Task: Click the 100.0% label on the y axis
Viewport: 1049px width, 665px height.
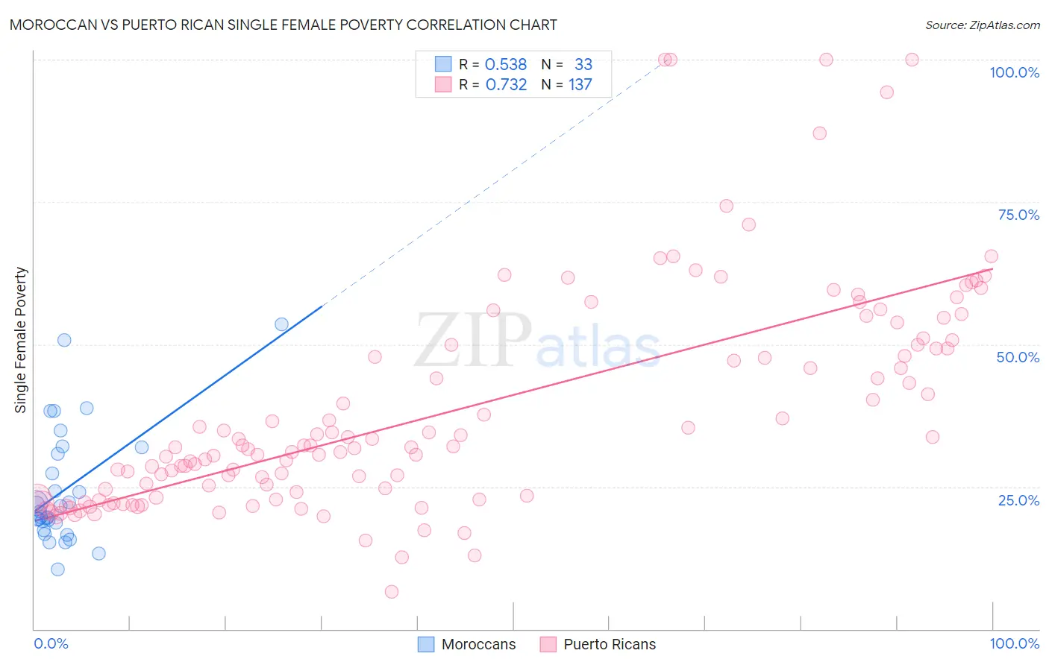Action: point(1014,72)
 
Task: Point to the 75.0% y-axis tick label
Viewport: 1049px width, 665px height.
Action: point(1018,215)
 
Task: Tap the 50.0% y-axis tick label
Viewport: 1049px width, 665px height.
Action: point(1018,357)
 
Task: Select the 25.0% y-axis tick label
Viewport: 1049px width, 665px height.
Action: point(1018,500)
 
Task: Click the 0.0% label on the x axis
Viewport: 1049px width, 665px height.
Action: point(51,643)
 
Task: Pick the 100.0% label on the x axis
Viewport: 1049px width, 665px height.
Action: point(1014,643)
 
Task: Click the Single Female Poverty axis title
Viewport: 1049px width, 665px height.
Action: point(21,340)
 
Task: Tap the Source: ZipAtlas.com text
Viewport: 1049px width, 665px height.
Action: point(982,25)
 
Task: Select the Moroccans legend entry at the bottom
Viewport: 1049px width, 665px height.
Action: point(477,644)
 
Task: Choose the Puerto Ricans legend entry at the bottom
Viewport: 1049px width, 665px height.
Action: point(609,644)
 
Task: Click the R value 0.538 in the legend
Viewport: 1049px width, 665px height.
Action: point(506,65)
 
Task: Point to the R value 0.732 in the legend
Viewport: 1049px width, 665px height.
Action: point(506,85)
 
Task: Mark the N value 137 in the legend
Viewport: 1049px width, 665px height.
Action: point(580,85)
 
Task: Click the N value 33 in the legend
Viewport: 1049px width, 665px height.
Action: point(583,65)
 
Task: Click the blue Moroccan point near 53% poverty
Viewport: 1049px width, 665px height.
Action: point(281,324)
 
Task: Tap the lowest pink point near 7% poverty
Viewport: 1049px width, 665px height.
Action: point(392,592)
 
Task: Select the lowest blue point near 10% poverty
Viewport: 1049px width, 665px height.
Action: point(57,570)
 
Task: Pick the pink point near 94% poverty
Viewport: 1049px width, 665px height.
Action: point(886,92)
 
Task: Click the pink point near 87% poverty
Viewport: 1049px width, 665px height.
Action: point(819,133)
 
